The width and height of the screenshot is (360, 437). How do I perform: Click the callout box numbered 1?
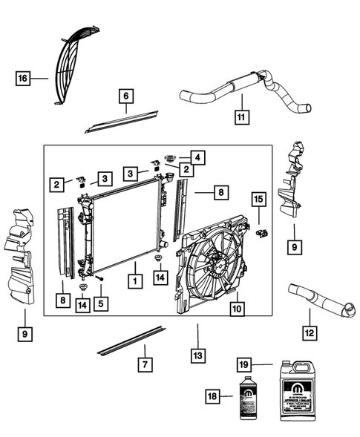coord(134,282)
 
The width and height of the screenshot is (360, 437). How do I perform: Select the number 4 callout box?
coord(197,157)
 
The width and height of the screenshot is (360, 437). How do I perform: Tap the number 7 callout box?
coord(145,364)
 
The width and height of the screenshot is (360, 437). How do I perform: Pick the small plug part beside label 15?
coord(261,233)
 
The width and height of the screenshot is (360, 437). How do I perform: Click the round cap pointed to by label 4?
coord(170,158)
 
